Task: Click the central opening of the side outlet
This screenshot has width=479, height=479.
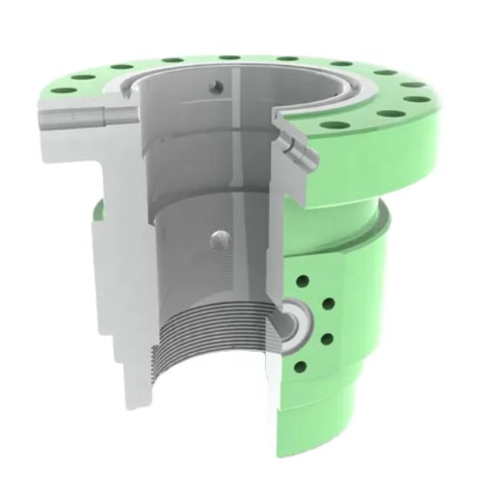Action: click(x=294, y=320)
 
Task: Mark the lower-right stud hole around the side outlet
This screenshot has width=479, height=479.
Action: click(x=327, y=339)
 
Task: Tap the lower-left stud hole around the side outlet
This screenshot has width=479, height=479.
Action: click(x=298, y=366)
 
